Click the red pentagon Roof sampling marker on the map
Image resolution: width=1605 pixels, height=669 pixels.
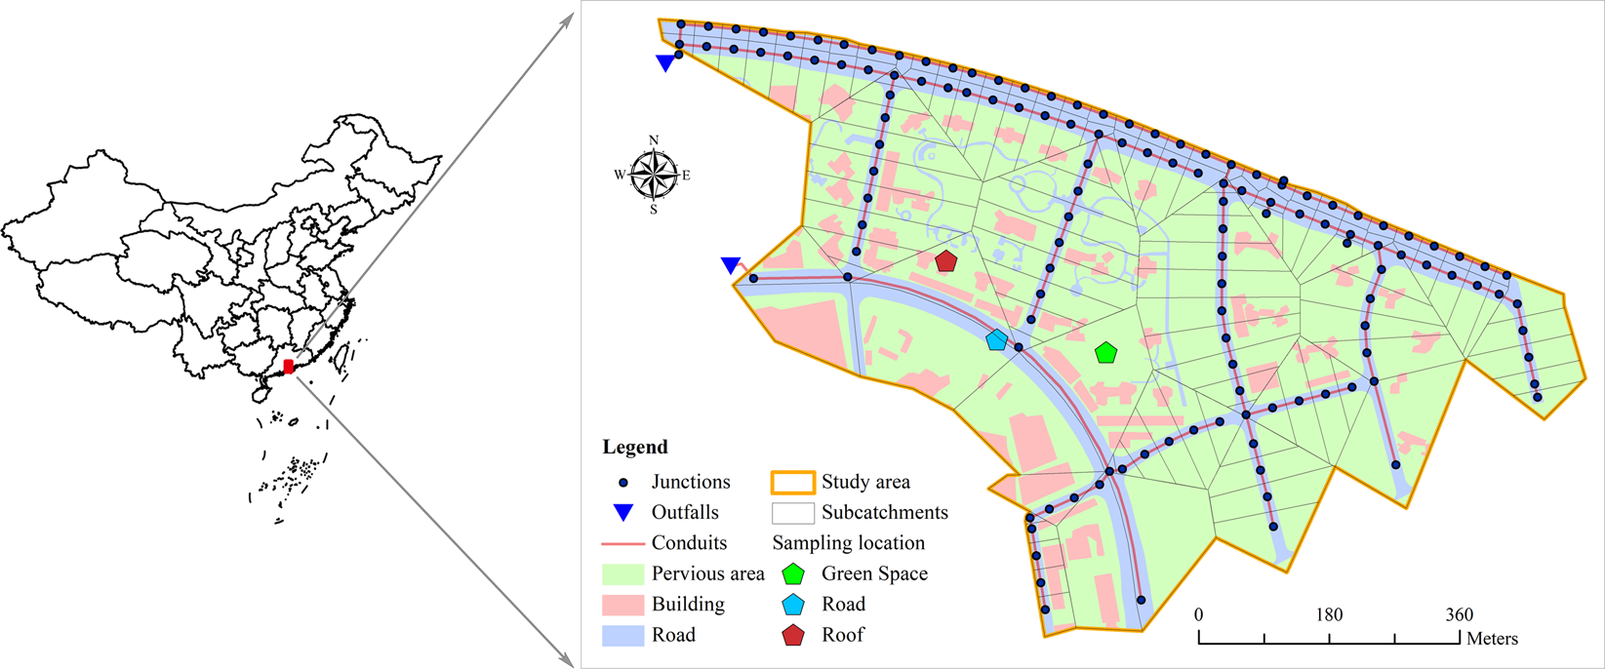945,261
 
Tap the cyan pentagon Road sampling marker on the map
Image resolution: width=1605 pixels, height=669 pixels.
996,340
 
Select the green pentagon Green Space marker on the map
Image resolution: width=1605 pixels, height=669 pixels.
1105,353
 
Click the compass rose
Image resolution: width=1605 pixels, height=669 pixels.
654,176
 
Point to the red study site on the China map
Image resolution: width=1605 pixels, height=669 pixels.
288,367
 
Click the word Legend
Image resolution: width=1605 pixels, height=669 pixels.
635,448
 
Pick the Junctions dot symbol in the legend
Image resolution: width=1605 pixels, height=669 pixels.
623,483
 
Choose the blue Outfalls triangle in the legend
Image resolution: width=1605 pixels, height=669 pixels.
623,513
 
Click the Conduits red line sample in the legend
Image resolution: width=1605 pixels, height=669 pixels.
623,543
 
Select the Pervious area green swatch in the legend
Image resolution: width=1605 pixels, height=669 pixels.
623,574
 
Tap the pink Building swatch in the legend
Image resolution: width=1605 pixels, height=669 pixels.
623,605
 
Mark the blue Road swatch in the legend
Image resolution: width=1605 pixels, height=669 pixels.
623,636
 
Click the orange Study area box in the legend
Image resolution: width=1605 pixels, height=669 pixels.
792,483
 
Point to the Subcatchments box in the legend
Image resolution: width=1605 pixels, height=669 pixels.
792,513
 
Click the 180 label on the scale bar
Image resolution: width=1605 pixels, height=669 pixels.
1329,615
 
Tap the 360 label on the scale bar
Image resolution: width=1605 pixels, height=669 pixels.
1459,615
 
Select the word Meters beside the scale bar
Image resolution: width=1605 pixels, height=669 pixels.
1492,640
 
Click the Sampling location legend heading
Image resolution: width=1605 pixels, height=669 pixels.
849,543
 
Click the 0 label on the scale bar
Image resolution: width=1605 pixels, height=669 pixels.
1199,615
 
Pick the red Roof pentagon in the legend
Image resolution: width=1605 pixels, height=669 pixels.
793,636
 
